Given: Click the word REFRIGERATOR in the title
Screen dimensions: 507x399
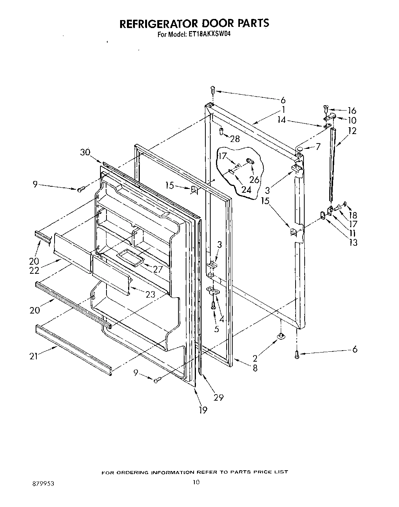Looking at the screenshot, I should click(x=159, y=23).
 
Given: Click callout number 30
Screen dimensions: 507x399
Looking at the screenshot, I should click(x=85, y=152).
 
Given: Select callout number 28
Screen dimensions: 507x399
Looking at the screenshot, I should click(x=235, y=139).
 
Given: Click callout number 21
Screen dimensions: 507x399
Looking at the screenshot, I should click(x=34, y=356).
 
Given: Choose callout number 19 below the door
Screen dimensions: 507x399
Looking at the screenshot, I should click(x=203, y=410).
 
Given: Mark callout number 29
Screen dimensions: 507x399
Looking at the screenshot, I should click(x=219, y=397).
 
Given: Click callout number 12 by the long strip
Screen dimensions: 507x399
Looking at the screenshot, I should click(x=352, y=131).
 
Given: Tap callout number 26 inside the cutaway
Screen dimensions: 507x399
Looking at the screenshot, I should click(x=254, y=179).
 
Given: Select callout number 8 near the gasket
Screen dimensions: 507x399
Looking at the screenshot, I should click(x=255, y=368).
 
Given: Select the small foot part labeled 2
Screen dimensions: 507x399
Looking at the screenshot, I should click(x=281, y=335).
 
